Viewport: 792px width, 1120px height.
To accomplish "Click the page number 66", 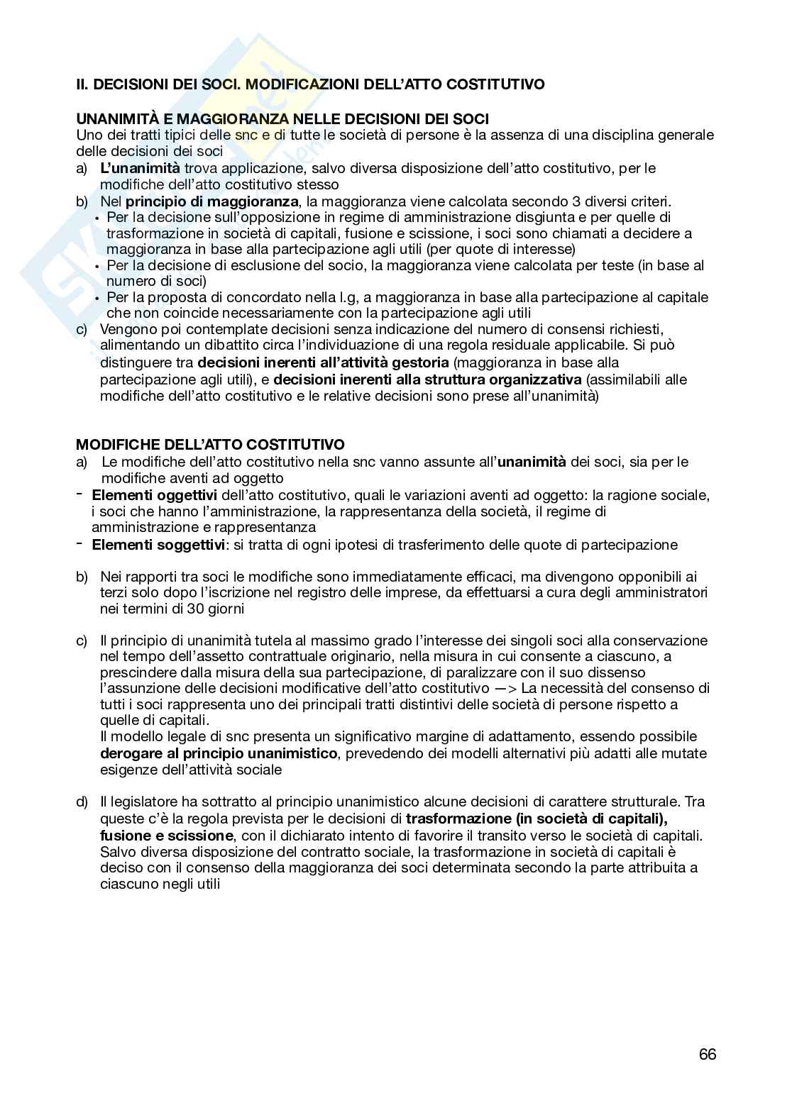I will click(707, 1054).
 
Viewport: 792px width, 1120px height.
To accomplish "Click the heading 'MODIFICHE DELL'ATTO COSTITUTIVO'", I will click(210, 445).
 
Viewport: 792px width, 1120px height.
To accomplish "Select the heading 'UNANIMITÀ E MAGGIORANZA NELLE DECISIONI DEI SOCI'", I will click(282, 119).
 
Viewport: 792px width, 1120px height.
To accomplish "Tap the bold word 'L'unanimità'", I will click(140, 168).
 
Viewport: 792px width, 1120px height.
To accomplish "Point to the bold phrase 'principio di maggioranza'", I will click(211, 201).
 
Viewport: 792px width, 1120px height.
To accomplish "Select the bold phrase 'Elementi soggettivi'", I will click(158, 545).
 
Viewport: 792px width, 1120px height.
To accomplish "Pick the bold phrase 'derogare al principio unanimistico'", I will click(219, 753).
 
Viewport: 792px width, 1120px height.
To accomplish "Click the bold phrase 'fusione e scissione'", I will click(167, 836).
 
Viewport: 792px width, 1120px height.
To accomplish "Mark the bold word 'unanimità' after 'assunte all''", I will click(532, 462).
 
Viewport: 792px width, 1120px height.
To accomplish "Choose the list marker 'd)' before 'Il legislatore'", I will click(82, 802).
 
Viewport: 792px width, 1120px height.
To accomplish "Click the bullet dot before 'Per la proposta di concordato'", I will click(97, 298).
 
